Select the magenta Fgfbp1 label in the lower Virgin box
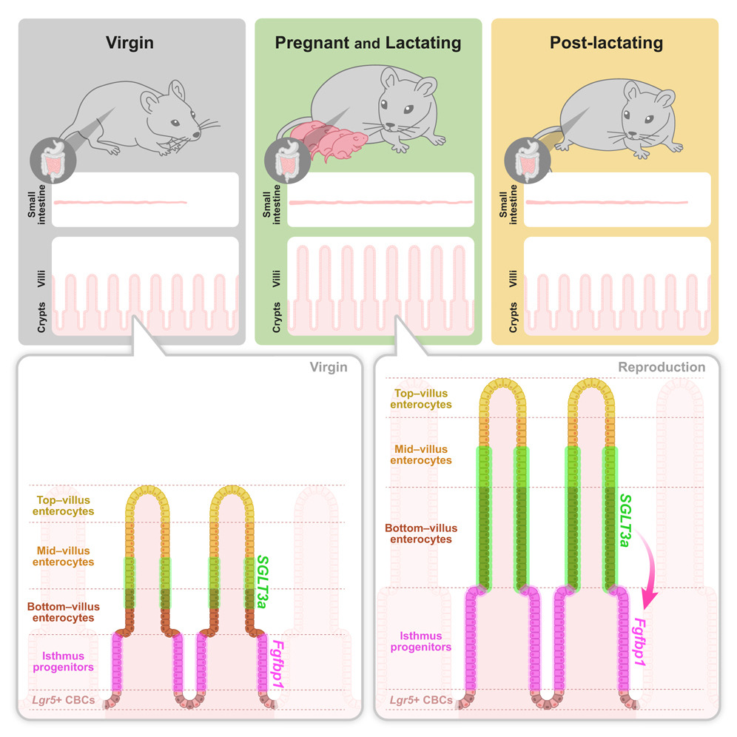click(x=279, y=665)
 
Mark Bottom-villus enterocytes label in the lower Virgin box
click(x=63, y=612)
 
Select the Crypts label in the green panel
click(x=276, y=316)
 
